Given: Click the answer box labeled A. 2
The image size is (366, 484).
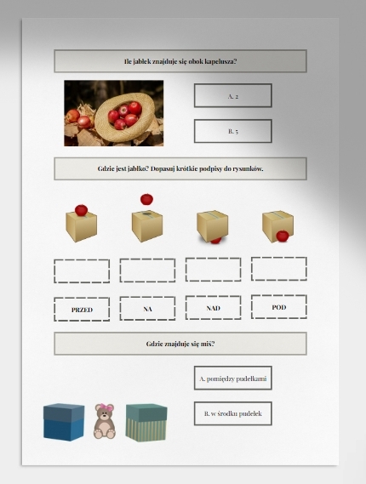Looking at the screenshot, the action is (233, 95).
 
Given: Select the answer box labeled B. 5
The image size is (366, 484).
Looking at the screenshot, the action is (233, 131).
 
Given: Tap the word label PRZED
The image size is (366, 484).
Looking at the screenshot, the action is (82, 310).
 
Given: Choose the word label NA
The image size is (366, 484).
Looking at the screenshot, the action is (147, 309).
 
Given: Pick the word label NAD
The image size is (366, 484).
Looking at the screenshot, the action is (213, 307).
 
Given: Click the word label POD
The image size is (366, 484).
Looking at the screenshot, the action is (279, 307).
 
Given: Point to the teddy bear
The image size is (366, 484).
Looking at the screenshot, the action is (105, 421).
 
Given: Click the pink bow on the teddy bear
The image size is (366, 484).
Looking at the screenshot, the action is (108, 407).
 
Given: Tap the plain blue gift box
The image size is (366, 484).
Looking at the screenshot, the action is (64, 422).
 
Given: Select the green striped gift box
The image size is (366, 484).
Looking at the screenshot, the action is (146, 422).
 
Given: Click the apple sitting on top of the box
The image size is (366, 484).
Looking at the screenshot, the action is (81, 210).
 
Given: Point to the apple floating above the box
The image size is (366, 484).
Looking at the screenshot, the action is (146, 199).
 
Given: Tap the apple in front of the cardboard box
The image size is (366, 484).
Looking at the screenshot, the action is (283, 236).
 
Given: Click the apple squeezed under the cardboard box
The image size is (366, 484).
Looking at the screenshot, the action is (216, 240).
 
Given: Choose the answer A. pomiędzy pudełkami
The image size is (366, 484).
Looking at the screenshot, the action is (233, 379).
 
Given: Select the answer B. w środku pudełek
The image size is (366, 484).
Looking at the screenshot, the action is (233, 413).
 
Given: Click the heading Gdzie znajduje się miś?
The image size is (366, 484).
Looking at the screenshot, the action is (180, 344).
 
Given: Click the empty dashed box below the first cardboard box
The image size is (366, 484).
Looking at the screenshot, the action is (82, 271).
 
